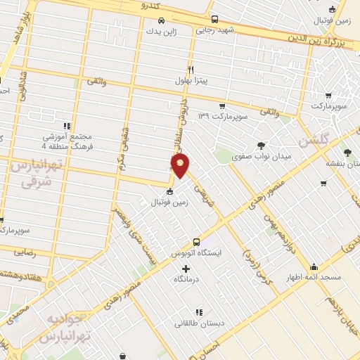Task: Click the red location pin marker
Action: click(181, 165)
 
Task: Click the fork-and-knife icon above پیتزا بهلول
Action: click(191, 70)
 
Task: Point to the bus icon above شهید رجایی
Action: click(214, 20)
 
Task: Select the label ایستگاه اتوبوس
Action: click(198, 251)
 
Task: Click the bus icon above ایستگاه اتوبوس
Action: click(198, 240)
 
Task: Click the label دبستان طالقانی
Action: click(198, 323)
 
